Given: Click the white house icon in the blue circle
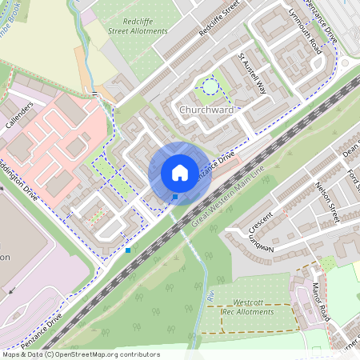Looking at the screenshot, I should point(180,173).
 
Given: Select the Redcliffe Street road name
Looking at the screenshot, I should point(219,26).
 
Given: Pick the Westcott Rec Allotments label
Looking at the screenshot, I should point(253,307).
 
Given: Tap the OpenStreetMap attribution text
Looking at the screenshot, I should point(80,354).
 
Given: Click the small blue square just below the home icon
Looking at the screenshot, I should point(174,197).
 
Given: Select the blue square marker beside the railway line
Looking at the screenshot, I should point(128,250).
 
